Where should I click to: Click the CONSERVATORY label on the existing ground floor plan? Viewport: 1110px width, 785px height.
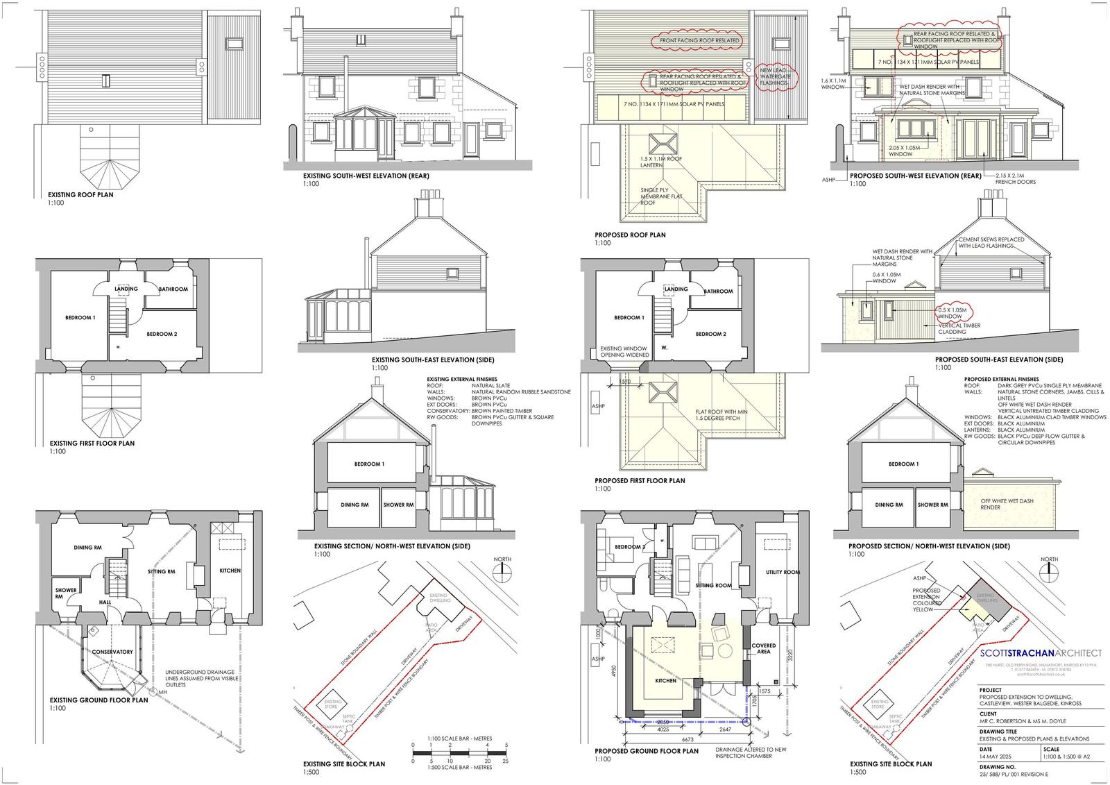point(112,652)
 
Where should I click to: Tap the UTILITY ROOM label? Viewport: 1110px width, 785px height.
point(783,573)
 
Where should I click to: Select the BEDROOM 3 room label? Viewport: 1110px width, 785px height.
point(629,547)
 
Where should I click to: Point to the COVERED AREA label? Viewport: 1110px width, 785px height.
point(763,648)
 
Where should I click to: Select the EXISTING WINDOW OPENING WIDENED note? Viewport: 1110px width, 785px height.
point(625,352)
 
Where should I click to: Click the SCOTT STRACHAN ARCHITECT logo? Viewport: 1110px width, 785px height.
point(1041,653)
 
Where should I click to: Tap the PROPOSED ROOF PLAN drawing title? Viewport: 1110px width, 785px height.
point(630,235)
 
